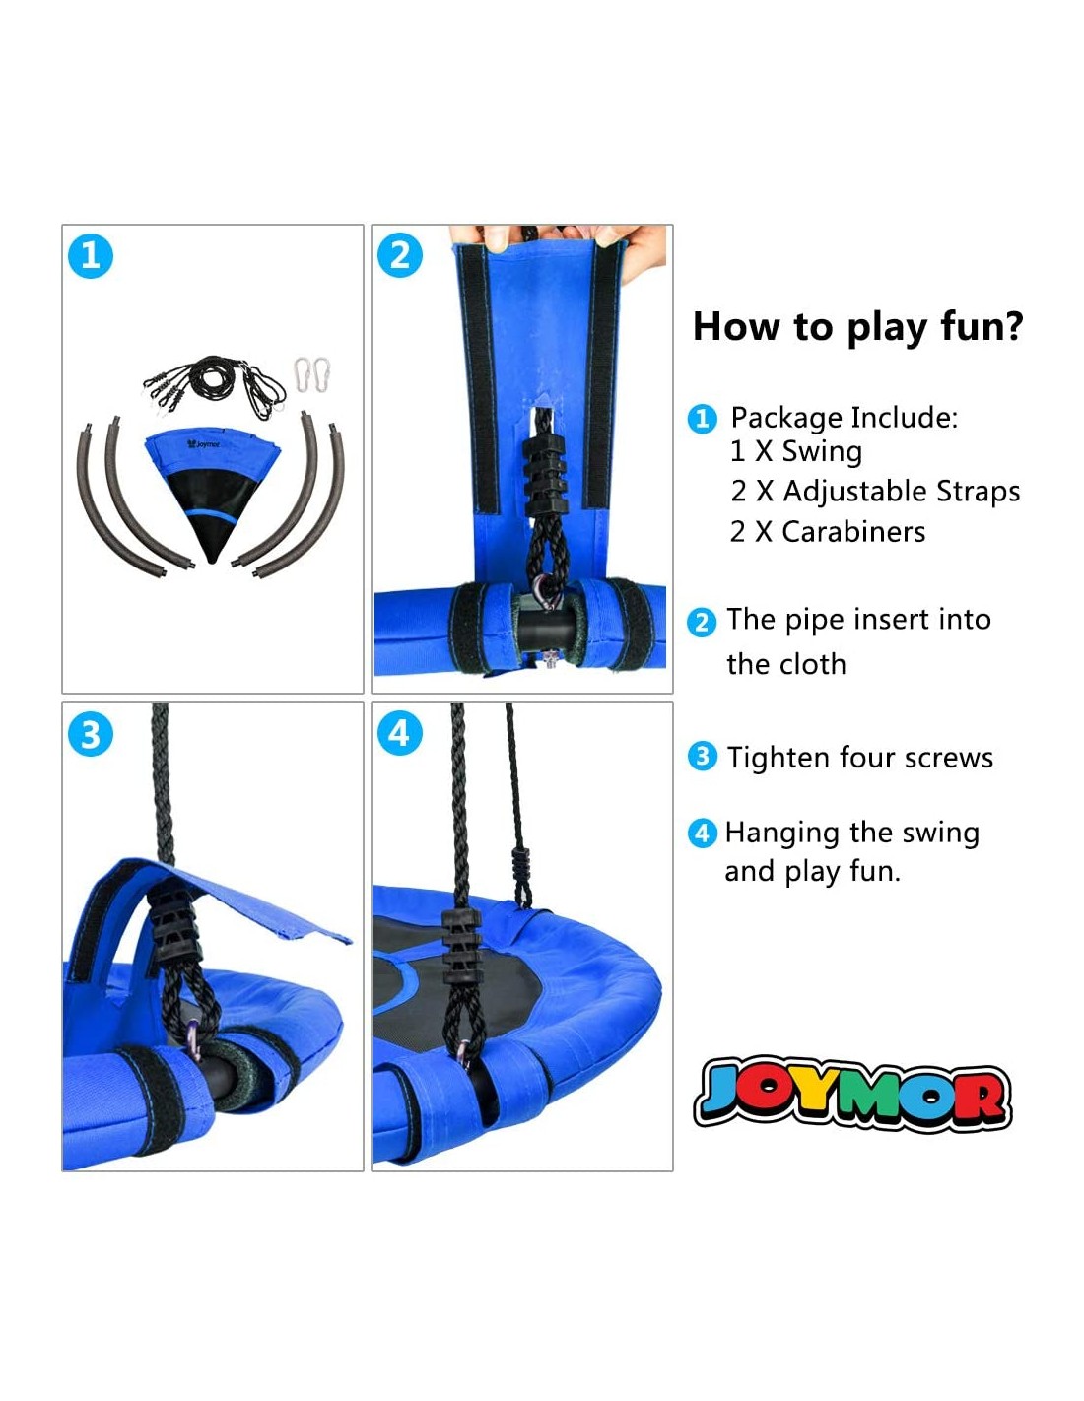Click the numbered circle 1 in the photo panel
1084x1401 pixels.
91,256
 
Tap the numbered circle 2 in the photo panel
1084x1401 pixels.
400,255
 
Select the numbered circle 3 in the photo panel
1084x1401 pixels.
91,734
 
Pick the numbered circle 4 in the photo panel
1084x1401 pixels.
400,733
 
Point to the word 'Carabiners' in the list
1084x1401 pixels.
853,532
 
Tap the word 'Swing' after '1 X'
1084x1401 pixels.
822,451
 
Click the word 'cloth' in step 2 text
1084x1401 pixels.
813,664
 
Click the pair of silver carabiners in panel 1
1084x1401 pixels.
312,374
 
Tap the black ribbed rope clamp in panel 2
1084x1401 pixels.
546,474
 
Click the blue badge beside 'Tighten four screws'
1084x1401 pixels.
703,757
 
